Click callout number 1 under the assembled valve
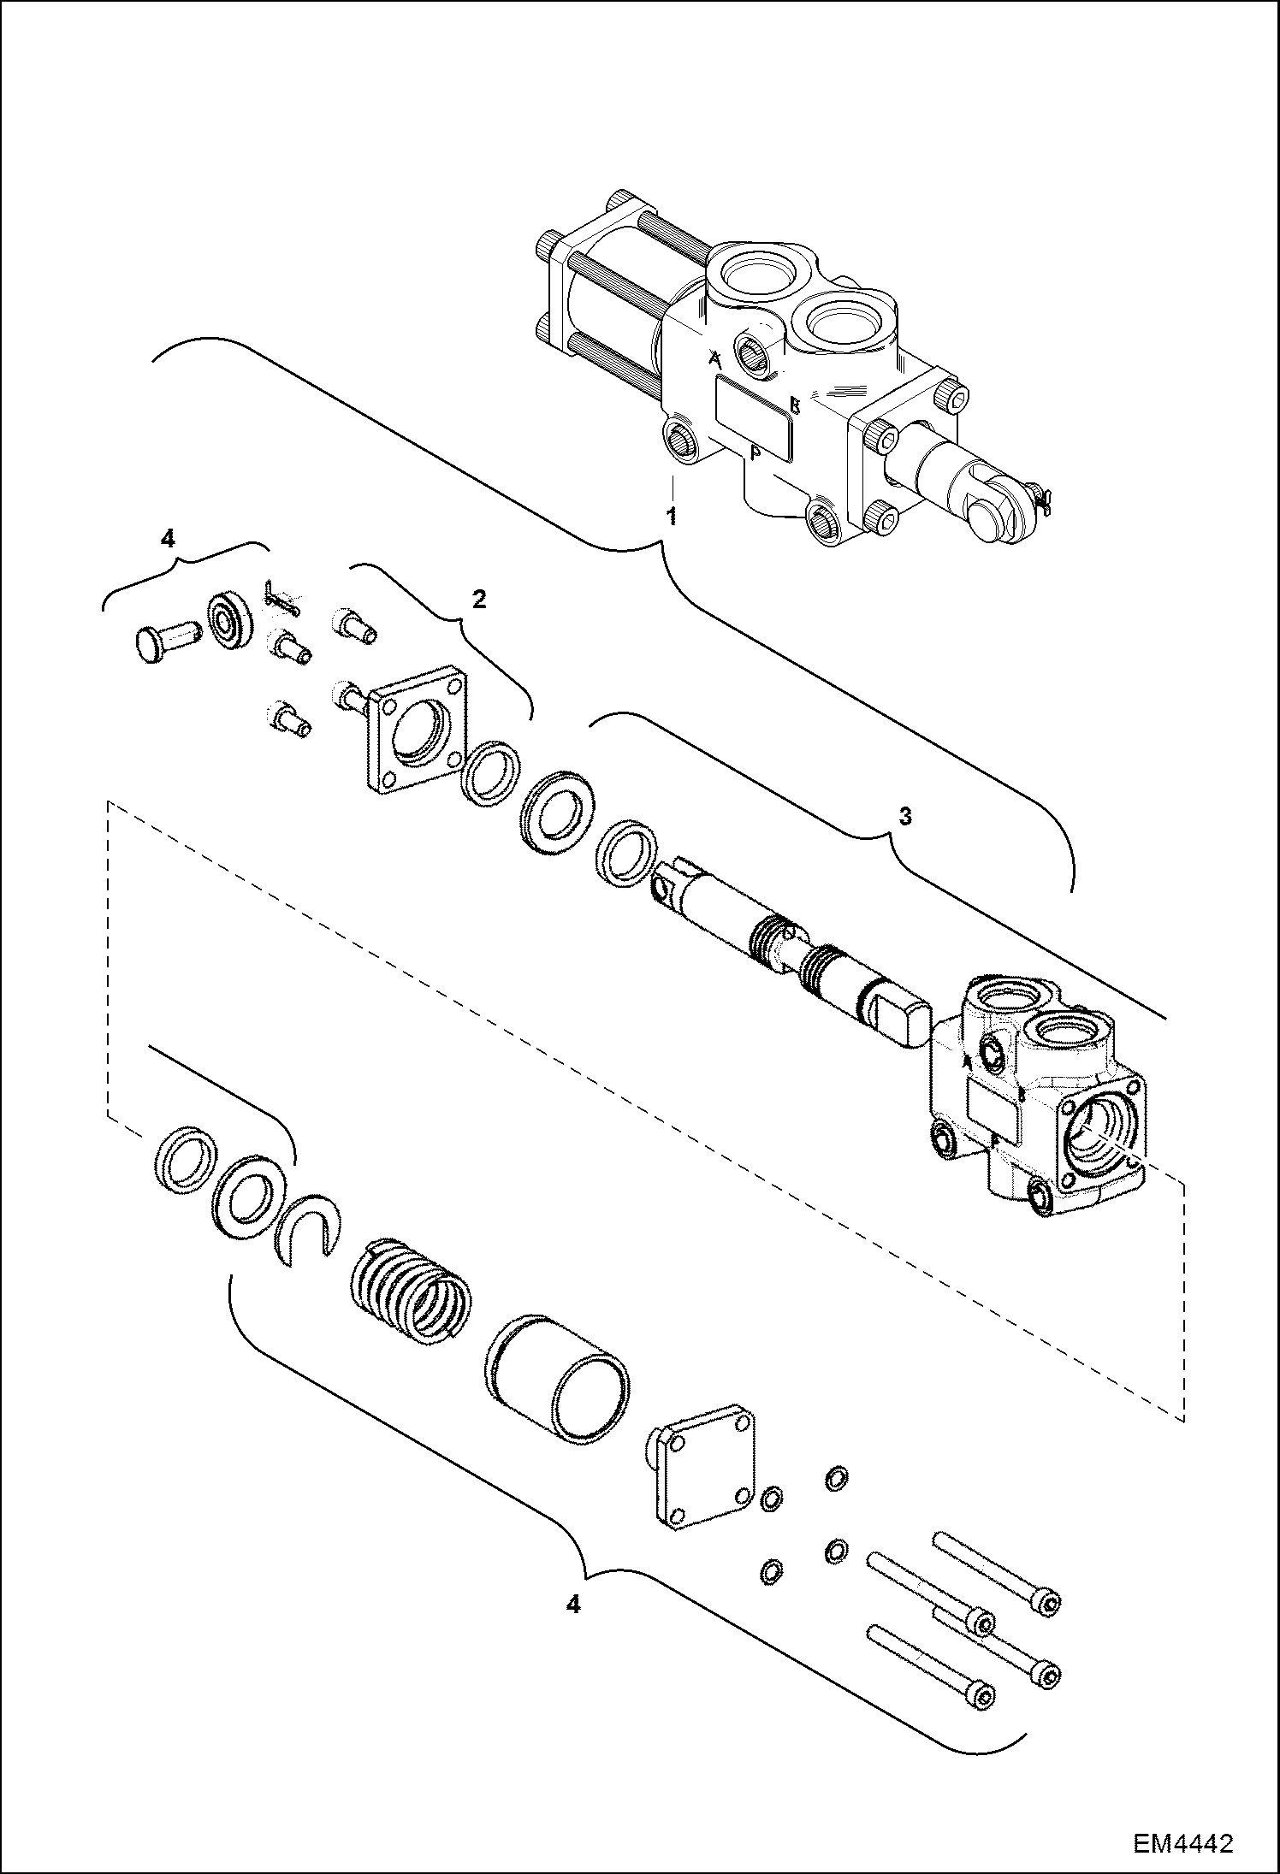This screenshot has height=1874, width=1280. pos(673,517)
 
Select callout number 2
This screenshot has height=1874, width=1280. pos(479,599)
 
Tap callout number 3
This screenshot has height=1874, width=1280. pos(904,817)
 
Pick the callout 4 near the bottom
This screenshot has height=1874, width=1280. pos(572,1605)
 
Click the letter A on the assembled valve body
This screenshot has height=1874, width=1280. pos(715,361)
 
